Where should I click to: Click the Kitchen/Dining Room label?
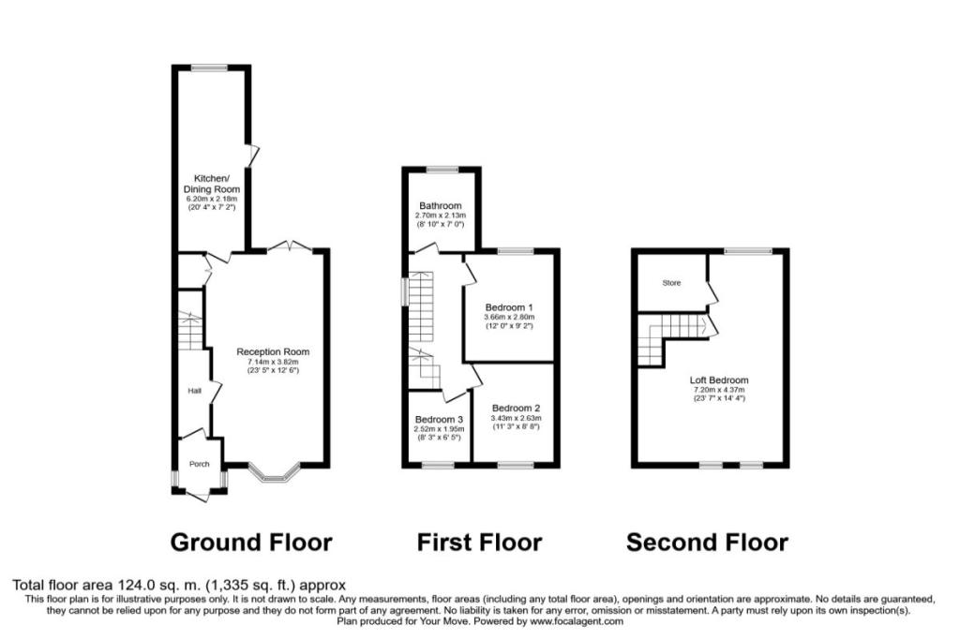(211, 184)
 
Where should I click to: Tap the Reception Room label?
(273, 351)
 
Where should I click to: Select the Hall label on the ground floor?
(194, 391)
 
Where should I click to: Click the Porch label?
(200, 464)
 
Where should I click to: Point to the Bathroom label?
(441, 205)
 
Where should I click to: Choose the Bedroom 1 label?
(509, 307)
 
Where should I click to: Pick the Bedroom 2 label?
(516, 409)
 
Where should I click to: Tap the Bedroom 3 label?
(439, 419)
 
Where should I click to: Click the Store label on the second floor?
(671, 283)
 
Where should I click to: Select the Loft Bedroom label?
(719, 380)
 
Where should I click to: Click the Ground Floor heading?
(251, 543)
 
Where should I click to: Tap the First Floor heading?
(479, 543)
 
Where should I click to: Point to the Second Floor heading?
(708, 543)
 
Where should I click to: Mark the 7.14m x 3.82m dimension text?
(273, 362)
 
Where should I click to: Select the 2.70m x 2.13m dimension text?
(441, 216)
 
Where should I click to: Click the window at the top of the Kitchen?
(209, 67)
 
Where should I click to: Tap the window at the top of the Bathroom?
(442, 170)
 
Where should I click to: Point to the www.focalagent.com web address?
(577, 621)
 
